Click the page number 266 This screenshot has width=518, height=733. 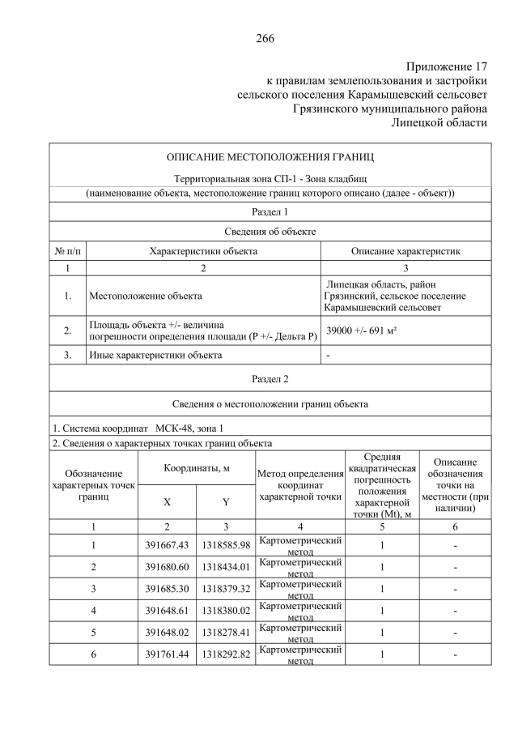(265, 38)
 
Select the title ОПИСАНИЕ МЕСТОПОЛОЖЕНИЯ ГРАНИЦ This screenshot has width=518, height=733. (270, 156)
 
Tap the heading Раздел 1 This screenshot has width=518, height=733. (270, 211)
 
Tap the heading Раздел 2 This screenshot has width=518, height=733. (270, 378)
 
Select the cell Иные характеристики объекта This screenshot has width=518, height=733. (155, 355)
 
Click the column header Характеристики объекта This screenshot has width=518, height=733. (203, 251)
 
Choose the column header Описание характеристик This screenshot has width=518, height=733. (405, 251)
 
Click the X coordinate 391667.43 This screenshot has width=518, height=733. (167, 546)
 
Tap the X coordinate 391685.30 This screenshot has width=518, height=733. (167, 589)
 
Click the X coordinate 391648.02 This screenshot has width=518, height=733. (167, 632)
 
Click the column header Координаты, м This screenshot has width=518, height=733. (197, 468)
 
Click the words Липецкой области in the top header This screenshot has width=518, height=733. (439, 122)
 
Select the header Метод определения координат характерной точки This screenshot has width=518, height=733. (300, 485)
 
